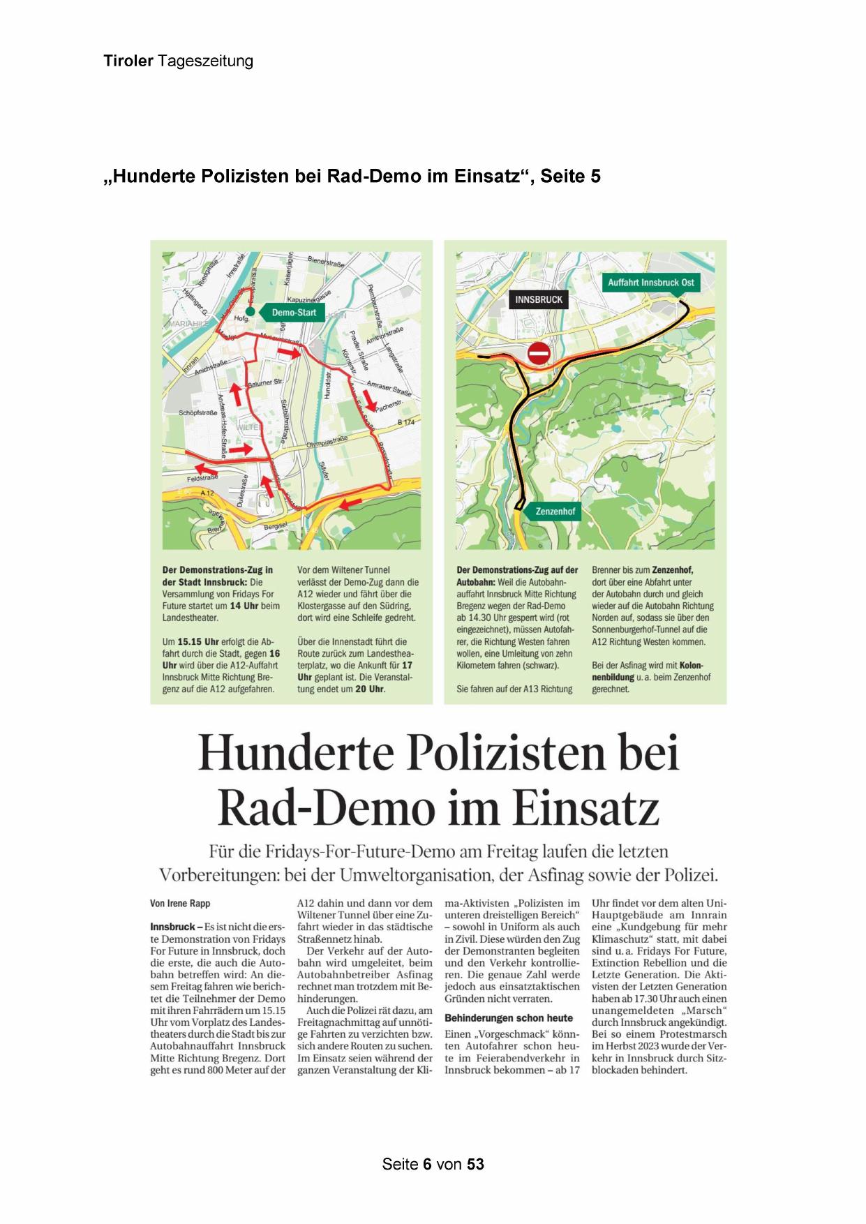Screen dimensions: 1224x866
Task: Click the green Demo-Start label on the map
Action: click(x=292, y=313)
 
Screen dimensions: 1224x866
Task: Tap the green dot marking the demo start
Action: click(x=249, y=311)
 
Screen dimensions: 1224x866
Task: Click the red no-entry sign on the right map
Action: click(x=539, y=353)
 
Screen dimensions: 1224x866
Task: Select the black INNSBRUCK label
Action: click(x=539, y=300)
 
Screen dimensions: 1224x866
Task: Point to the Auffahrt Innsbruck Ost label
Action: click(x=650, y=283)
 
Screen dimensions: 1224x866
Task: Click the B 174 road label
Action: click(x=405, y=423)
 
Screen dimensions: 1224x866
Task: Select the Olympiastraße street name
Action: click(x=327, y=441)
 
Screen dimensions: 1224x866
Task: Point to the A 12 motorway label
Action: click(x=207, y=493)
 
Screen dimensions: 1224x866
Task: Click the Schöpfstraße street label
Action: click(x=199, y=413)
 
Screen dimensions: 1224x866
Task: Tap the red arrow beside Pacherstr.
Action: click(x=370, y=400)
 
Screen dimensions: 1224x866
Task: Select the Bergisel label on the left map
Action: click(x=275, y=525)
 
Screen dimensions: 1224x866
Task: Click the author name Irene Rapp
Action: click(x=180, y=904)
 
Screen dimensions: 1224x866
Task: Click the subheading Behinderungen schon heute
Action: click(x=508, y=1018)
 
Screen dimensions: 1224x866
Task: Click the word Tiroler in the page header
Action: click(x=128, y=61)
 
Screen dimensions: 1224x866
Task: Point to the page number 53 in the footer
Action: click(x=475, y=1164)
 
